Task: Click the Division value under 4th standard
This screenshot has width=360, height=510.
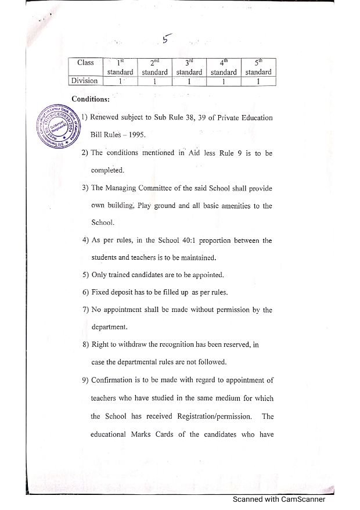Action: click(224, 82)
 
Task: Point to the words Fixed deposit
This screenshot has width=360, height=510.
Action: click(116, 292)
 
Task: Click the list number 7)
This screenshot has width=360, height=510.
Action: click(85, 310)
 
